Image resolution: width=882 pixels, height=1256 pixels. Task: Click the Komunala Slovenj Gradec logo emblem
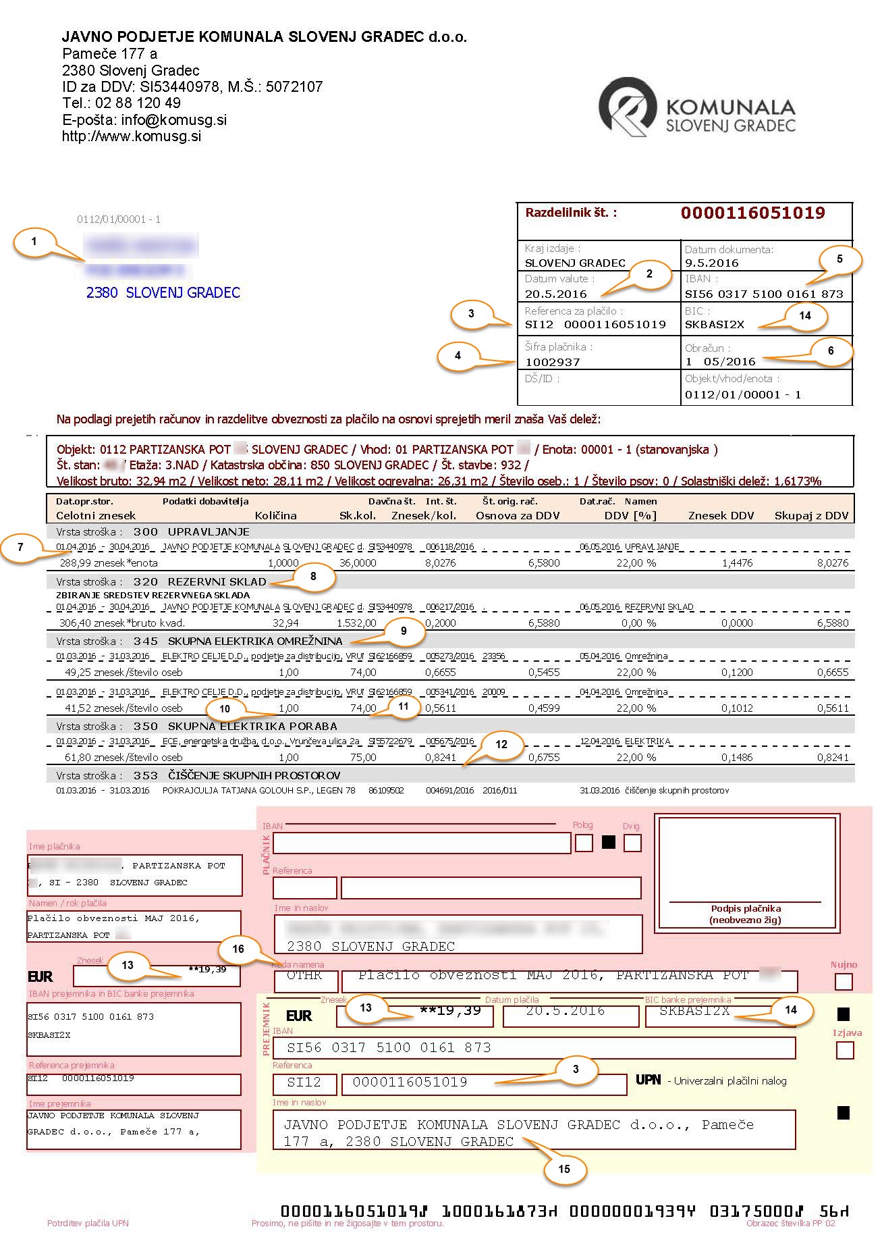click(627, 107)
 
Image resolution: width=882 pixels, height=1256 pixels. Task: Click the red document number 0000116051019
click(752, 213)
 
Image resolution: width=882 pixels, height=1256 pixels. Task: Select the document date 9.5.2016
click(711, 263)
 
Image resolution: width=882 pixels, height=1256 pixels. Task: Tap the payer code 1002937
click(552, 362)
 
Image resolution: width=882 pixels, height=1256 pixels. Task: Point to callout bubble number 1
click(34, 241)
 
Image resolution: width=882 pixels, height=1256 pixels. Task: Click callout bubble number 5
click(839, 259)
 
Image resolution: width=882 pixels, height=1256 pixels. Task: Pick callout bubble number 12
click(501, 744)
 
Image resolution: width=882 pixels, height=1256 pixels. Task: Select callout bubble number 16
click(238, 949)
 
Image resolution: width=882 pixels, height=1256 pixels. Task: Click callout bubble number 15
click(564, 1169)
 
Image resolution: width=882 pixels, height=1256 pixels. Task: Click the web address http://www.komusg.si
click(132, 136)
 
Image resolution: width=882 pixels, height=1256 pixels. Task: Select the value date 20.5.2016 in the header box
click(555, 294)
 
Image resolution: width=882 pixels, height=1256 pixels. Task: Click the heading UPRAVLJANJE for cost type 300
click(209, 532)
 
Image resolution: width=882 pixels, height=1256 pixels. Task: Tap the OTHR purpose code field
click(304, 976)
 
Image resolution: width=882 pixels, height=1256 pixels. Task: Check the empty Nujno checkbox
click(844, 981)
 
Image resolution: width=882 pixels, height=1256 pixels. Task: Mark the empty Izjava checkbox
click(844, 1050)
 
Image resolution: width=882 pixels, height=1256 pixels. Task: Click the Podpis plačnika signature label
click(745, 908)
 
